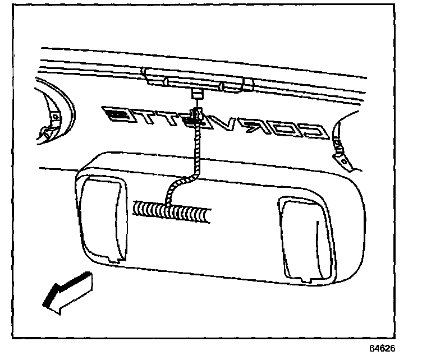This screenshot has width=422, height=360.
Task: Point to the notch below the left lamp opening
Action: coord(115,257)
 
